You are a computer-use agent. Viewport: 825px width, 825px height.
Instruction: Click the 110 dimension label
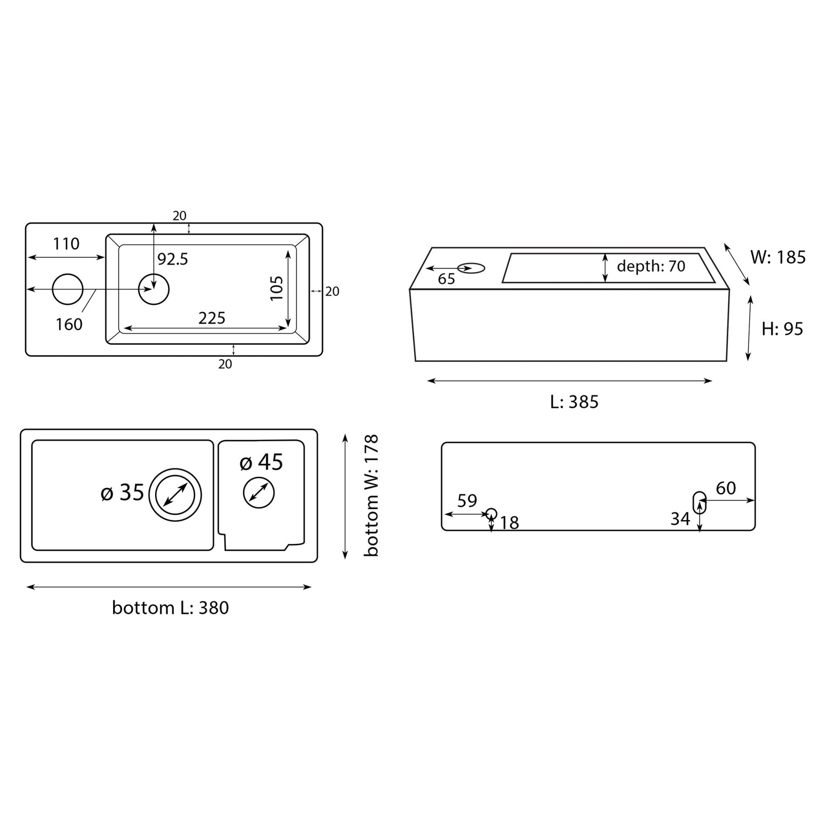(x=66, y=244)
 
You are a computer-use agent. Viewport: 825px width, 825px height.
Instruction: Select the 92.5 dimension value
(x=173, y=259)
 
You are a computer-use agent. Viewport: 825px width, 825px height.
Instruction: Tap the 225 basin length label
(x=212, y=318)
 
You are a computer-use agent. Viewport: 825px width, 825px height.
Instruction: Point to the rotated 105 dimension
(x=277, y=288)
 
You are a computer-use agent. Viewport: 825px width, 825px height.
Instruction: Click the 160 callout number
(x=69, y=325)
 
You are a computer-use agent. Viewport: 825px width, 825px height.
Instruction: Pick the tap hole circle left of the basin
(x=67, y=289)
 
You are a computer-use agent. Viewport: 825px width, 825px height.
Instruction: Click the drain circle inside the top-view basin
(x=154, y=289)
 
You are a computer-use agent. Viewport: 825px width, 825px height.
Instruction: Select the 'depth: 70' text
(x=651, y=266)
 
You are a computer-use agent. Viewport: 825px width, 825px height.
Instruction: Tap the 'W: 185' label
(x=778, y=257)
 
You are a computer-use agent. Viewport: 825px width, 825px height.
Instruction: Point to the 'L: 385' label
(x=574, y=402)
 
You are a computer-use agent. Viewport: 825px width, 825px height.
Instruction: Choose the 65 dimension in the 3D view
(x=447, y=279)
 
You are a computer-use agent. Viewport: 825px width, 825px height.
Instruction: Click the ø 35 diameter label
(x=123, y=492)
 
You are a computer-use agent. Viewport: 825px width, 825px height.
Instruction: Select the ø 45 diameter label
(x=261, y=462)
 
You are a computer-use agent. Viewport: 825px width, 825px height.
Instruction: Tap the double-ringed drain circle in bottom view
(x=175, y=495)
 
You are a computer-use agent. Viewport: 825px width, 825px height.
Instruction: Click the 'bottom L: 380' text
(x=170, y=608)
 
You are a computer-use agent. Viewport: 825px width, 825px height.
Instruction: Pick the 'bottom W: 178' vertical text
(x=371, y=495)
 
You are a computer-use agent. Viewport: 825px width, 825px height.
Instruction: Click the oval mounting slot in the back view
(x=699, y=502)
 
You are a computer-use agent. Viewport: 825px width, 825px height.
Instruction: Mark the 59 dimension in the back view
(x=467, y=500)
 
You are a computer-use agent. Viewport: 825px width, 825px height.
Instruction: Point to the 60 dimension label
(x=726, y=488)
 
